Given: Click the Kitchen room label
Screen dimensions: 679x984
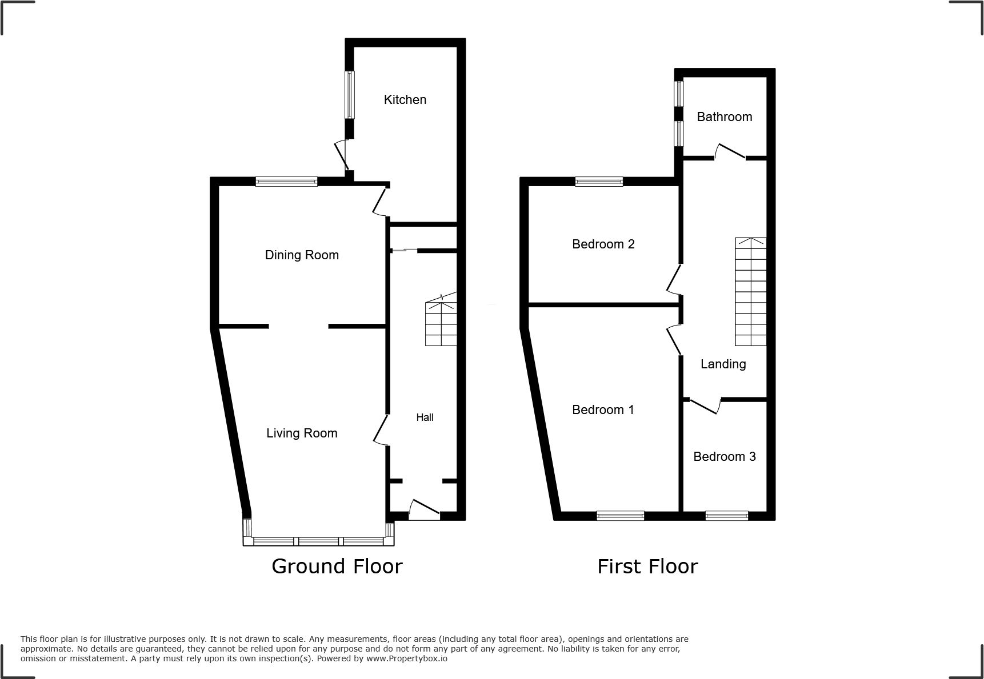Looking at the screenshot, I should tap(405, 99).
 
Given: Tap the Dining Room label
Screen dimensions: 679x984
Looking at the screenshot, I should tap(302, 255).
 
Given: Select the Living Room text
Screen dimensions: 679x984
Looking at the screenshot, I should tap(302, 433).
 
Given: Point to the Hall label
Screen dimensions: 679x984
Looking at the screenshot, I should tap(425, 417).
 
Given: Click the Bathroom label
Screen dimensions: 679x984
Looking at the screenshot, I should tap(724, 116).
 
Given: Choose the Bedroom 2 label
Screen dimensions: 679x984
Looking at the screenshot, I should tap(603, 244).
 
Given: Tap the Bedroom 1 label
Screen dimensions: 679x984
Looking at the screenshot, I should tap(603, 409).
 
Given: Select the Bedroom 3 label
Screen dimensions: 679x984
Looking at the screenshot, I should tap(724, 456).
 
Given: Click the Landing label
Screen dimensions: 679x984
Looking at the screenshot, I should tap(723, 364).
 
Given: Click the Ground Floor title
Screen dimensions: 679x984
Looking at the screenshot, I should tap(337, 566).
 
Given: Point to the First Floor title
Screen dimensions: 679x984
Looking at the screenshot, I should tap(647, 566).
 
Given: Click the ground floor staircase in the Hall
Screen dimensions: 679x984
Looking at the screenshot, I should tap(441, 323).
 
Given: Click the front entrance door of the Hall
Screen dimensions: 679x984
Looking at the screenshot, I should tap(425, 510).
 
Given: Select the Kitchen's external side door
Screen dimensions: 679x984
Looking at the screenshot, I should tap(342, 155).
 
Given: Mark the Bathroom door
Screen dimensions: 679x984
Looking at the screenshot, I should tap(730, 152).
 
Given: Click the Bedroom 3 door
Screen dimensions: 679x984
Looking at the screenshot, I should tap(704, 405).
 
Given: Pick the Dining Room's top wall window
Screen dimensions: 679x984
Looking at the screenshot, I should tap(286, 182).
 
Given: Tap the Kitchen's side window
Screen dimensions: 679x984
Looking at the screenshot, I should tap(349, 94).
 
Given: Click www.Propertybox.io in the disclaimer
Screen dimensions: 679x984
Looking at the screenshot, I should tap(407, 658).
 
